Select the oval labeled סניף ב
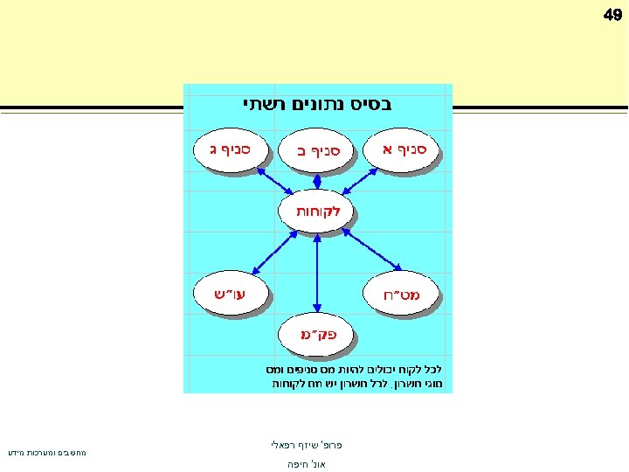(x=316, y=152)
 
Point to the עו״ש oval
(x=231, y=291)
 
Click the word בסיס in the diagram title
(x=371, y=104)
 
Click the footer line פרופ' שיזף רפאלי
(x=306, y=445)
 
